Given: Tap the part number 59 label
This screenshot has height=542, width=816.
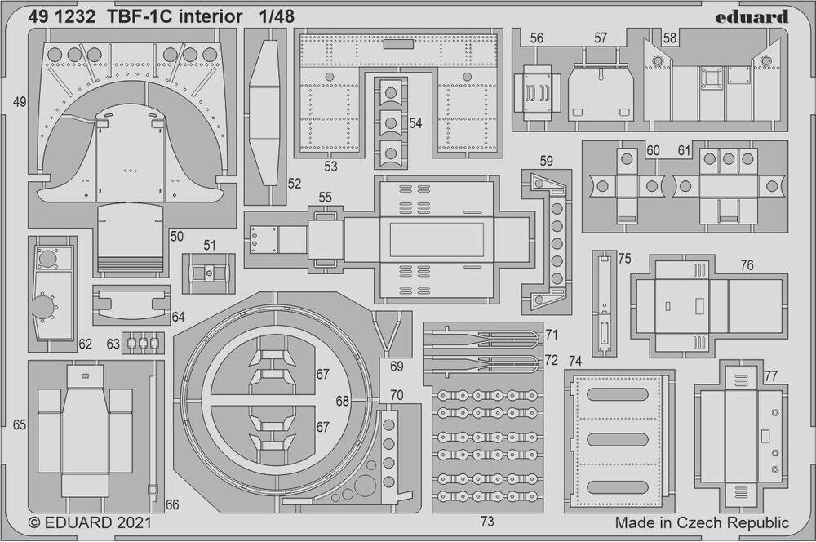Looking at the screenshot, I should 546,161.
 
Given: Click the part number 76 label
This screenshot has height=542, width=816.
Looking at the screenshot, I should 747,265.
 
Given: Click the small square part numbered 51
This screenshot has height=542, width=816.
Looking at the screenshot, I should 209,273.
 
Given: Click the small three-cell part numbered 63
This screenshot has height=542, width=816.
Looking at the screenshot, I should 143,344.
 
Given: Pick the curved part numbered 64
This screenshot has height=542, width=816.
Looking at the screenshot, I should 131,304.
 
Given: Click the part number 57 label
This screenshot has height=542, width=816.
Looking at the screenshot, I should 601,38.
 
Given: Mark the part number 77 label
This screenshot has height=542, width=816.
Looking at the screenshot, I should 771,375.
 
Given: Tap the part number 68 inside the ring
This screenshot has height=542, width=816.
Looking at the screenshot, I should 342,401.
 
